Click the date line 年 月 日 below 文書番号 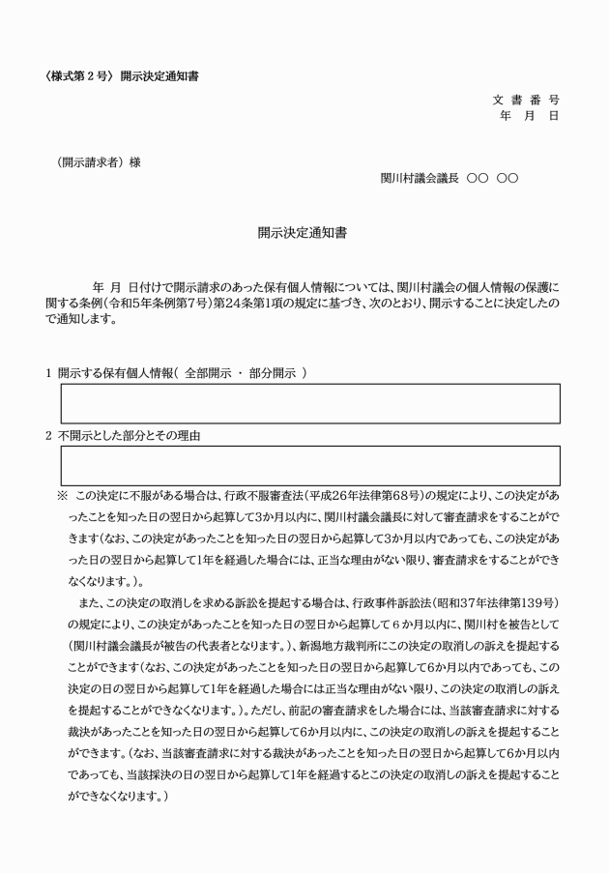529,116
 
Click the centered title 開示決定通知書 303,233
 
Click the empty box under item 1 309,403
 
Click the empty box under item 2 309,465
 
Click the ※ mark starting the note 62,496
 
